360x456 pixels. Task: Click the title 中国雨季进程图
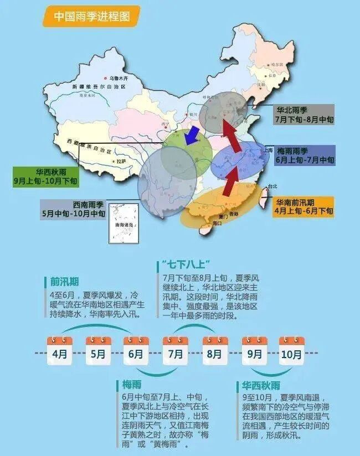91,17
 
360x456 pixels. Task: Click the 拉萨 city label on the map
121,162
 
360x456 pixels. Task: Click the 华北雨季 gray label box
304,115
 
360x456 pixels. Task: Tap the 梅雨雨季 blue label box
304,155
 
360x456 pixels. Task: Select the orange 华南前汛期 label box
304,206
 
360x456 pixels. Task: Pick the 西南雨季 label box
74,209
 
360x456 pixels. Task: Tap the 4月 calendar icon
59,350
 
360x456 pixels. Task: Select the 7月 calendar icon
175,350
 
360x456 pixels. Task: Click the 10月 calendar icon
291,350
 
